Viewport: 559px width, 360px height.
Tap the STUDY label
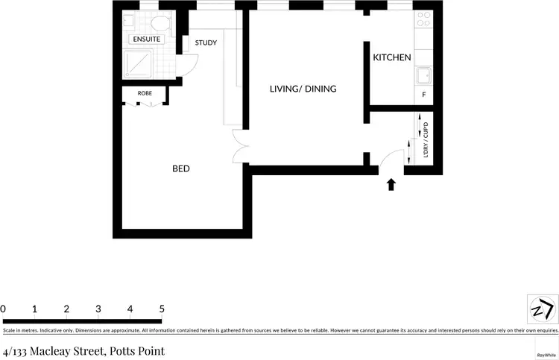206,42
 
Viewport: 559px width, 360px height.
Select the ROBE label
145,93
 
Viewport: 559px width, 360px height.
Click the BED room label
181,168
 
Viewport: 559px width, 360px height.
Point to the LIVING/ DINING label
303,89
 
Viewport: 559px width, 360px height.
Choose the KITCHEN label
392,57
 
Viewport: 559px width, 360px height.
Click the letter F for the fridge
424,95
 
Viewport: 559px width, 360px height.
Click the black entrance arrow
391,184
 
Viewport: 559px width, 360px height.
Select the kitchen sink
423,75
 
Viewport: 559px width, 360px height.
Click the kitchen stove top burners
423,18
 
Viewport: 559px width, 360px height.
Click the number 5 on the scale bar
162,309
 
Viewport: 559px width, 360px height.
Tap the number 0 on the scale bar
3,309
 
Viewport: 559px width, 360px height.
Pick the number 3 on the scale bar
98,309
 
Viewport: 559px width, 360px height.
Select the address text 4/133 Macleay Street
83,350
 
